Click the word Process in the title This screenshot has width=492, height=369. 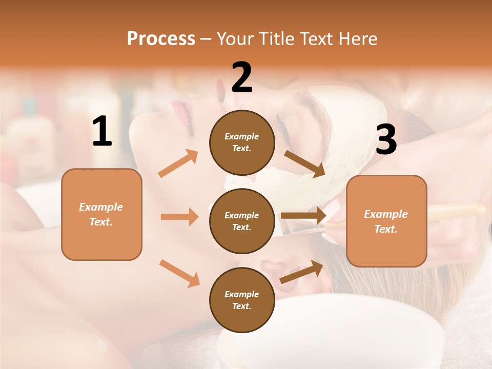pyautogui.click(x=161, y=38)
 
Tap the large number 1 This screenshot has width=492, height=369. pyautogui.click(x=102, y=132)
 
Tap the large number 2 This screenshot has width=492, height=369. pyautogui.click(x=242, y=77)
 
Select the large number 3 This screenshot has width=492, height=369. pyautogui.click(x=386, y=140)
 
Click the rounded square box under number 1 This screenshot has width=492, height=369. pyautogui.click(x=101, y=214)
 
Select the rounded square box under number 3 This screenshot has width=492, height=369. pyautogui.click(x=386, y=221)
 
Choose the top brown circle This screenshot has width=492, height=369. pyautogui.click(x=242, y=142)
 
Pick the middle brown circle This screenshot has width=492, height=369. pyautogui.click(x=242, y=221)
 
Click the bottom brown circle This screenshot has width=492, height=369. pyautogui.click(x=242, y=300)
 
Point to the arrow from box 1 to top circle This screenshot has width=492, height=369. pyautogui.click(x=178, y=163)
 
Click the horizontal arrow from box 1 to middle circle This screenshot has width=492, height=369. pyautogui.click(x=179, y=217)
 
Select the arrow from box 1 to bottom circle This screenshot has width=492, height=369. pyautogui.click(x=179, y=273)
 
